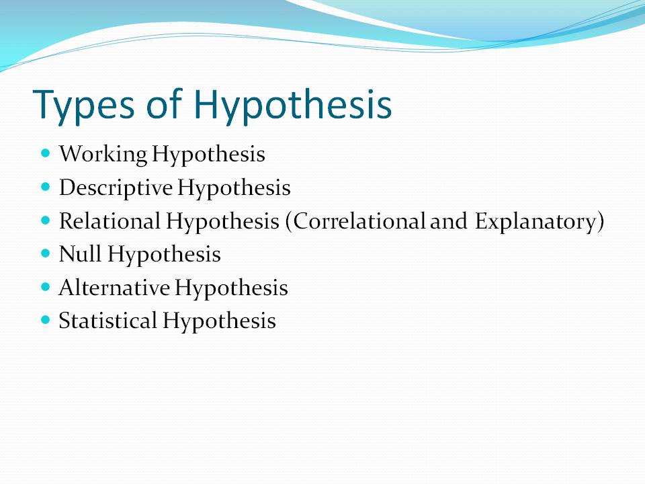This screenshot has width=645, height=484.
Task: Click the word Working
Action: pos(102,155)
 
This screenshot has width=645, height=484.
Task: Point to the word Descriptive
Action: pos(115,188)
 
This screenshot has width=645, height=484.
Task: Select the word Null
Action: pos(80,255)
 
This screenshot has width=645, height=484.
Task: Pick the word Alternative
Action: pos(114,288)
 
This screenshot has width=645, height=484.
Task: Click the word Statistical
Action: pos(107,321)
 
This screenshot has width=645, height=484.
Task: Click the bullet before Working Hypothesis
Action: pos(46,153)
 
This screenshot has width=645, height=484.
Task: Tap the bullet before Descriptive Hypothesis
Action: pos(46,187)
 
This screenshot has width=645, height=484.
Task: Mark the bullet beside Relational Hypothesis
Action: pos(46,220)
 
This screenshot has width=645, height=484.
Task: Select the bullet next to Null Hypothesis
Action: pos(46,253)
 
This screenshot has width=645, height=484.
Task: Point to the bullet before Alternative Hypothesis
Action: pos(46,287)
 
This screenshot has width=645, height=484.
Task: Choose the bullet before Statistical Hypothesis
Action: pos(46,320)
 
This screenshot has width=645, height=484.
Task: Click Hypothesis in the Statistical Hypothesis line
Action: pos(218,321)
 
